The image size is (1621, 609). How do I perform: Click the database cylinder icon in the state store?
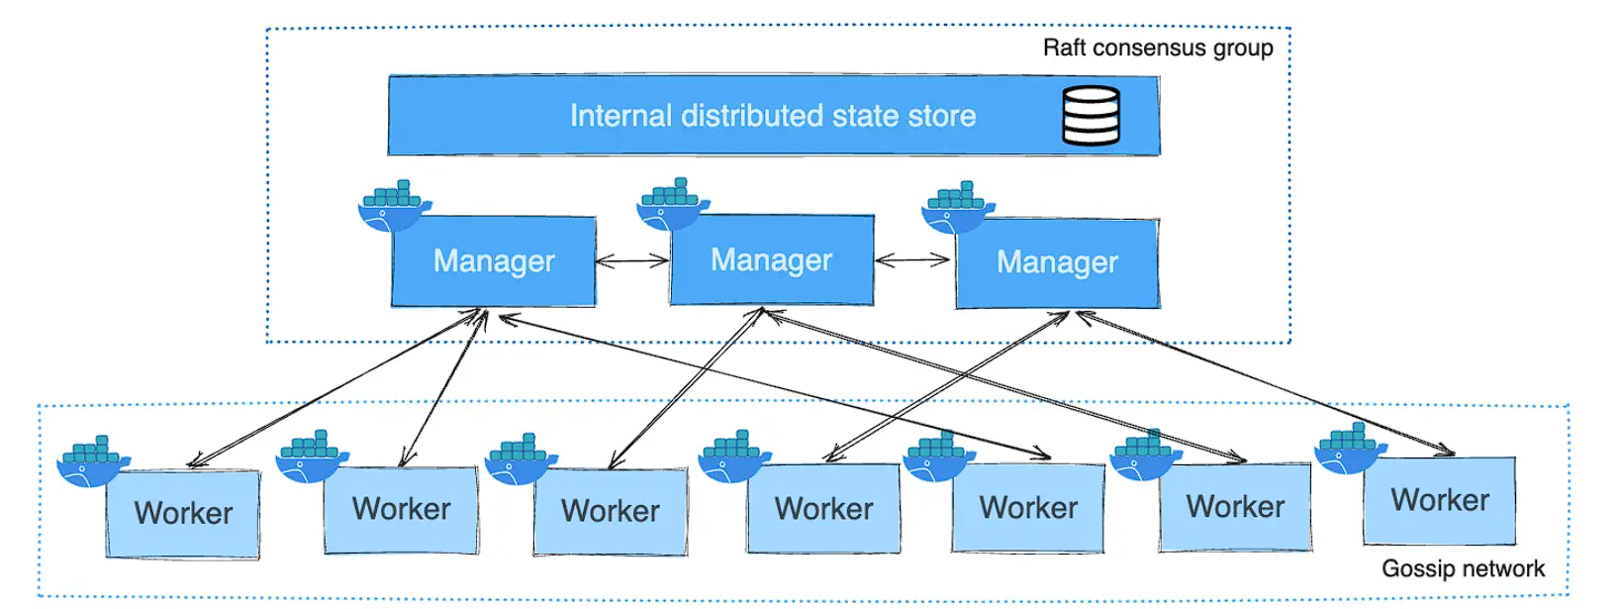pyautogui.click(x=1091, y=116)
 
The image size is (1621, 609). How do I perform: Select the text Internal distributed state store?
pyautogui.click(x=772, y=116)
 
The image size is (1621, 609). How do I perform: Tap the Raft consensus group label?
pyautogui.click(x=1158, y=48)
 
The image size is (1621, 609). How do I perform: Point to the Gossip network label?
pyautogui.click(x=1462, y=568)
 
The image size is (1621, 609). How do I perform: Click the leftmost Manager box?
pyautogui.click(x=494, y=261)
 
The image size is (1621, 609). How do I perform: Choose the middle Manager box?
pyautogui.click(x=772, y=260)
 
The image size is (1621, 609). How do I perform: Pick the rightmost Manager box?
pyautogui.click(x=1057, y=262)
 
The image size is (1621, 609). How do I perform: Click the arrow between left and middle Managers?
pyautogui.click(x=633, y=261)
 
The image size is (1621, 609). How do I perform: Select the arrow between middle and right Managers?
pyautogui.click(x=913, y=261)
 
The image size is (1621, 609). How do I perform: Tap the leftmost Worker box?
pyautogui.click(x=183, y=514)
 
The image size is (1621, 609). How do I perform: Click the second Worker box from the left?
pyautogui.click(x=401, y=510)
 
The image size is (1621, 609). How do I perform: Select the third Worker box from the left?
pyautogui.click(x=610, y=511)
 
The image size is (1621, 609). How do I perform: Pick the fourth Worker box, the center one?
pyautogui.click(x=823, y=509)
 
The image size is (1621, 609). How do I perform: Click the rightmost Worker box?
pyautogui.click(x=1439, y=500)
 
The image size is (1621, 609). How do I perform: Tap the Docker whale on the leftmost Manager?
pyautogui.click(x=393, y=206)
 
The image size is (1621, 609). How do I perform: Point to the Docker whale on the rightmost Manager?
pyautogui.click(x=956, y=208)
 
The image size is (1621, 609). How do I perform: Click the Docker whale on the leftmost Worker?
pyautogui.click(x=91, y=461)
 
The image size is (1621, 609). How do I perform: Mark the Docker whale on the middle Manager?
pyautogui.click(x=673, y=204)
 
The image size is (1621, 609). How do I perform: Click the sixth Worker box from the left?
pyautogui.click(x=1235, y=507)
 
